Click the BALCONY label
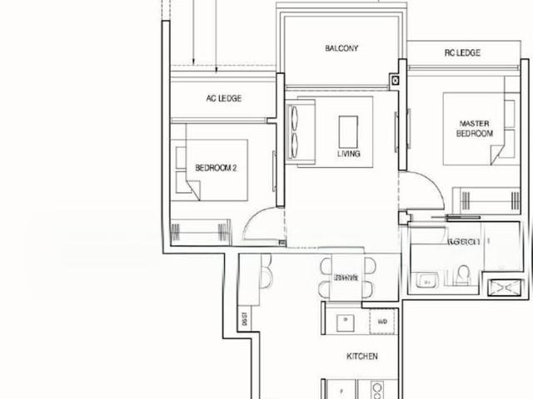[x=341, y=48]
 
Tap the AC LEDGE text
[x=224, y=98]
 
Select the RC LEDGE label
[x=462, y=53]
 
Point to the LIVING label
[x=349, y=153]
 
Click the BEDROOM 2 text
[x=217, y=167]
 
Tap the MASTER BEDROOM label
[x=476, y=128]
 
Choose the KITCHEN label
[x=362, y=357]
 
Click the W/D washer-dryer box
[x=382, y=321]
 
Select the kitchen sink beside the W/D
[x=341, y=320]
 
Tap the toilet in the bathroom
[x=463, y=273]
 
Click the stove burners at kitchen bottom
[x=376, y=389]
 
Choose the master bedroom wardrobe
[x=486, y=199]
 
